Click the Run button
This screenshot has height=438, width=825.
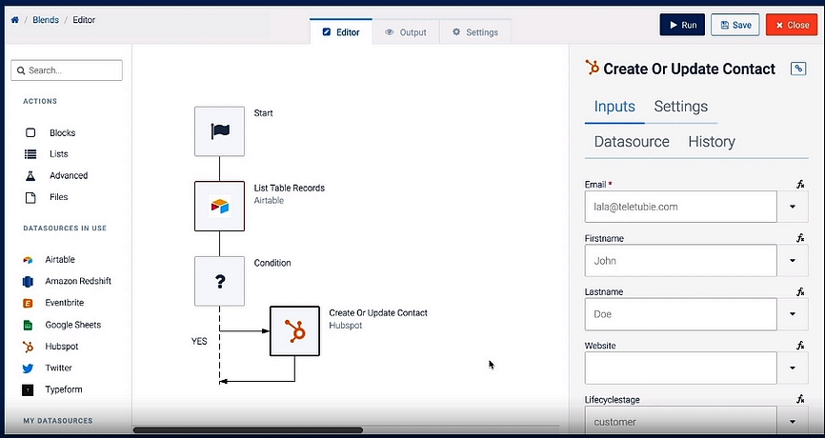tap(682, 25)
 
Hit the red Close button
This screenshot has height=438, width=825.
tap(792, 25)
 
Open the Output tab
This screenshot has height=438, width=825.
tap(405, 32)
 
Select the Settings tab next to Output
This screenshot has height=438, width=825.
tap(475, 32)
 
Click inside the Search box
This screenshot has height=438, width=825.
tap(67, 70)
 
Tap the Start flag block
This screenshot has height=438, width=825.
tap(219, 131)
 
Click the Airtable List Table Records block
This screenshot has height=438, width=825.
tap(219, 206)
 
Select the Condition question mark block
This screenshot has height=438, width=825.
tap(219, 281)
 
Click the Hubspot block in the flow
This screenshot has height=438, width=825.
tap(294, 331)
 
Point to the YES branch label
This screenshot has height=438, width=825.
tap(199, 341)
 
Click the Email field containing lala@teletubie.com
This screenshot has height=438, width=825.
tap(680, 207)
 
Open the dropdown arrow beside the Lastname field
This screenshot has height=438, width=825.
tap(793, 314)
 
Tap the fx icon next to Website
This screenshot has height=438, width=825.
tap(800, 346)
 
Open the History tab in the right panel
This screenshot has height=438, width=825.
tap(712, 142)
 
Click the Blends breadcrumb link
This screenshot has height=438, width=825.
tap(46, 20)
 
